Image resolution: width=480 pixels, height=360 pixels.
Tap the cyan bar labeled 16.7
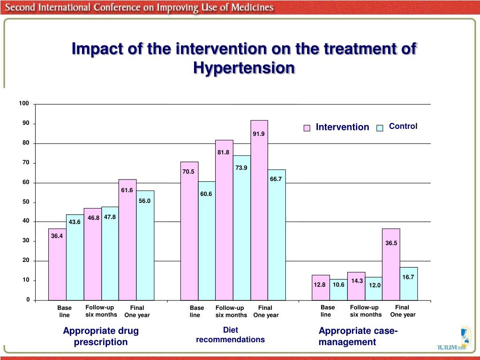pyautogui.click(x=408, y=284)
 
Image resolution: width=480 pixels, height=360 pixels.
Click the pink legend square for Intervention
pyautogui.click(x=307, y=128)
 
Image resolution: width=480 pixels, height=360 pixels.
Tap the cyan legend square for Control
pyautogui.click(x=380, y=128)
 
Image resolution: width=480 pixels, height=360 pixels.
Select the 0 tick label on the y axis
pyautogui.click(x=27, y=300)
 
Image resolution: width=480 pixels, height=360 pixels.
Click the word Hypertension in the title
pyautogui.click(x=244, y=68)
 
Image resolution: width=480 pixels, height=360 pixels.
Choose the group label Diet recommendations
pyautogui.click(x=230, y=335)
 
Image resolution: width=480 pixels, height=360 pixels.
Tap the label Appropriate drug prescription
pyautogui.click(x=101, y=337)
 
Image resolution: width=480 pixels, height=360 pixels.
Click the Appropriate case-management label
pyautogui.click(x=358, y=337)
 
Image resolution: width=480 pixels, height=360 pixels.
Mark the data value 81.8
pyautogui.click(x=223, y=152)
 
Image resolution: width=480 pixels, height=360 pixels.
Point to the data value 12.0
pyautogui.click(x=375, y=285)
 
